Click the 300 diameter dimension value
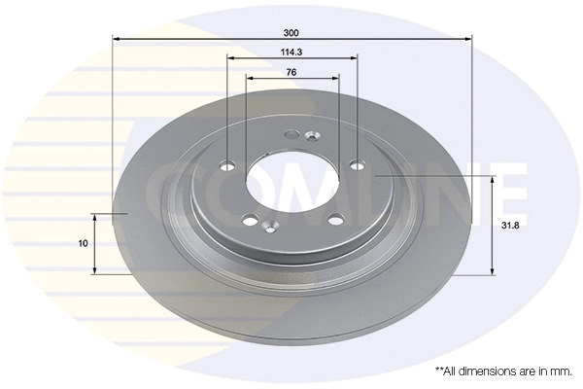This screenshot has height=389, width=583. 291,31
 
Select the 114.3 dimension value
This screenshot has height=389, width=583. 291,52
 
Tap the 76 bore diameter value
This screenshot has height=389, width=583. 291,72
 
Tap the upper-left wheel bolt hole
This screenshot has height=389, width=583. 228,165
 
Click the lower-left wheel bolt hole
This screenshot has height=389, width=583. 251,220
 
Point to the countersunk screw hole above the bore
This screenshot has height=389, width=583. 311,136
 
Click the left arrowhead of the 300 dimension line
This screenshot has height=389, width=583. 117,39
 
